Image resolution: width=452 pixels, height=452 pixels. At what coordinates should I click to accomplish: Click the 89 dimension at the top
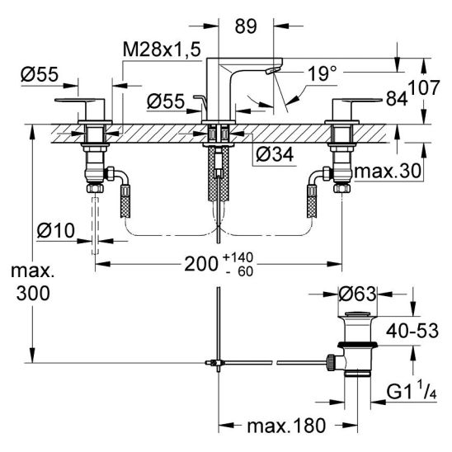246,26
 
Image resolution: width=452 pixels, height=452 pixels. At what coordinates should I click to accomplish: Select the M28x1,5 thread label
162,49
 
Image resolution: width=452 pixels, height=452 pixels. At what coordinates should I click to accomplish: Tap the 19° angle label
323,73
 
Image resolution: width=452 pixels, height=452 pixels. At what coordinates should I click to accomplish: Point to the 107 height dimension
424,87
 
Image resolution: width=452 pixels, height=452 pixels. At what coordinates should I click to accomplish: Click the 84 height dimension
397,99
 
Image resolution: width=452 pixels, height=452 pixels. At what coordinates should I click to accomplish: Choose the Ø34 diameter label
275,153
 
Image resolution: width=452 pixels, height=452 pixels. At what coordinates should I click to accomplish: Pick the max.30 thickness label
388,172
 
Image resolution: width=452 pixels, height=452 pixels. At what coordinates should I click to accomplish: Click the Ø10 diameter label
55,230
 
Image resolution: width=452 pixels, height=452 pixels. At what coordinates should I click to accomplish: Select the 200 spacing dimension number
201,264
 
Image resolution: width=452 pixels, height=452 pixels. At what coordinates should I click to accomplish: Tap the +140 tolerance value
238,257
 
